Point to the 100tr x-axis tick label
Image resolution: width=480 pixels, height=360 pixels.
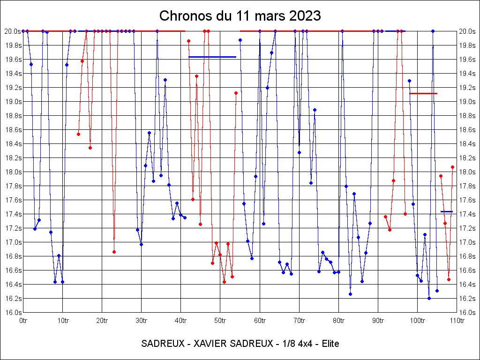[417, 321]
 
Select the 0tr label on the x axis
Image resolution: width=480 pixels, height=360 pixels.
[23, 321]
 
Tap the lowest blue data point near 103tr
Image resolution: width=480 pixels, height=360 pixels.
[429, 298]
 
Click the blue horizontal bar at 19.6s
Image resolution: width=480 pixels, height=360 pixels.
[212, 57]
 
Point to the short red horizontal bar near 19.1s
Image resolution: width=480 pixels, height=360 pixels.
[423, 94]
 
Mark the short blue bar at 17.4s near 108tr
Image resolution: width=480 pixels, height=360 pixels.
[447, 212]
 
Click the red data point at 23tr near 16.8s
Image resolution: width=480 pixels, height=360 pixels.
[114, 252]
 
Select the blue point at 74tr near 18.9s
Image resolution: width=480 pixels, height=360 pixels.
[315, 110]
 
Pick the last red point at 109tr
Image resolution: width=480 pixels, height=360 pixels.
[453, 167]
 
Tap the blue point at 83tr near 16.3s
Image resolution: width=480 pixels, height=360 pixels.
[350, 294]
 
